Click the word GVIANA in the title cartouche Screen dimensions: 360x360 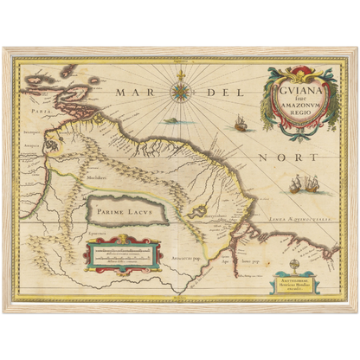point(300,85)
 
